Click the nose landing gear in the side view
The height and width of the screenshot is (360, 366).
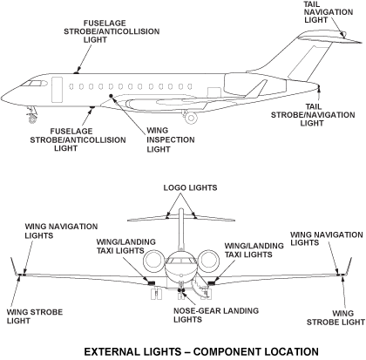[x=34, y=112]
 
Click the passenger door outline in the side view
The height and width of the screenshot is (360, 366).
[x=58, y=89]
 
